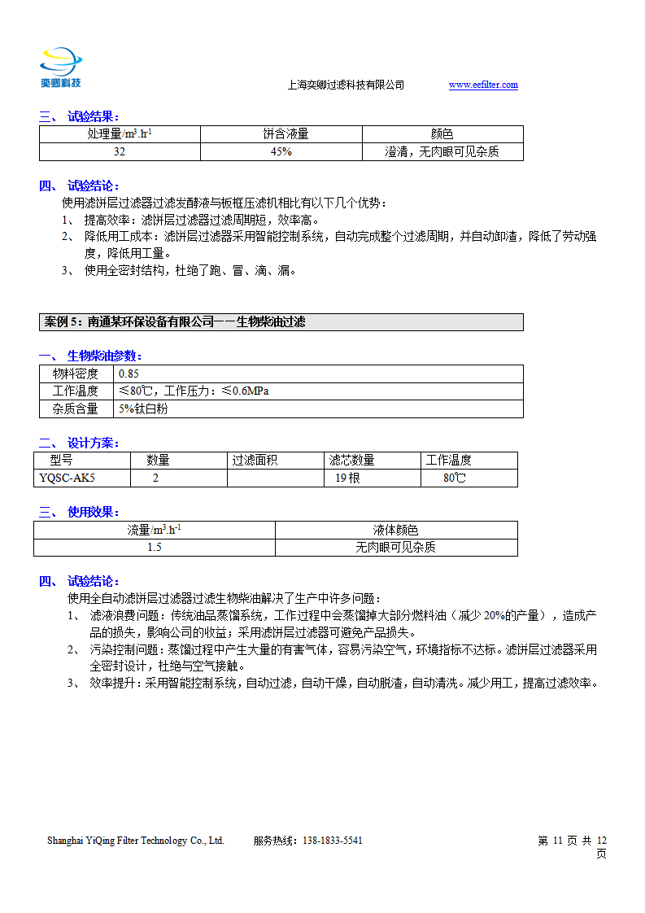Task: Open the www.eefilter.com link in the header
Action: [x=483, y=85]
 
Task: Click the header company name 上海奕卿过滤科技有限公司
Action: [x=346, y=85]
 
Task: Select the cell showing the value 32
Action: [x=120, y=152]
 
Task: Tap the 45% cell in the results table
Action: [x=281, y=152]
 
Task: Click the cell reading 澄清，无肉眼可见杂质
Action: [x=442, y=152]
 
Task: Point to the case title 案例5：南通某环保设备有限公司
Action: [x=174, y=322]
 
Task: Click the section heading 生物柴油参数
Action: [x=104, y=356]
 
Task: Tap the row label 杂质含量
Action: [x=76, y=409]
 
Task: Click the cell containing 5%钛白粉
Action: [x=143, y=409]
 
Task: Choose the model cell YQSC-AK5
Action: [x=67, y=478]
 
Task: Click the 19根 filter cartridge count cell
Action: [x=347, y=478]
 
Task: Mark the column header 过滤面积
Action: [x=255, y=461]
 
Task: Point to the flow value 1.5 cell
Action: [x=154, y=548]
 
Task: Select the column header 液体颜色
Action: [x=395, y=530]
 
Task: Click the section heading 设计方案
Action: [x=93, y=443]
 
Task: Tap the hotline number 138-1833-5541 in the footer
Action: [x=333, y=841]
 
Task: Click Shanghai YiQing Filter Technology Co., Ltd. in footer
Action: [x=135, y=841]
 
